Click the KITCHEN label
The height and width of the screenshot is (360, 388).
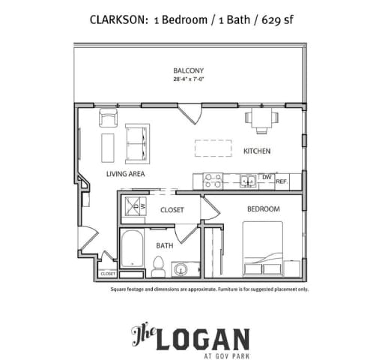(x=256, y=151)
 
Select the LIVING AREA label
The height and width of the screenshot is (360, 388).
(x=125, y=174)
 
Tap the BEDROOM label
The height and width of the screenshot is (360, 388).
(x=263, y=208)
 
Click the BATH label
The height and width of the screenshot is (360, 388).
(x=165, y=244)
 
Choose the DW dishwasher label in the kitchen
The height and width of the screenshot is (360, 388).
(x=266, y=178)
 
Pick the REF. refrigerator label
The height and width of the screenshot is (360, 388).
(x=282, y=181)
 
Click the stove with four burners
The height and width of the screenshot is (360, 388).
(x=212, y=180)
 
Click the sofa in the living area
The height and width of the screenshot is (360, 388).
(x=136, y=142)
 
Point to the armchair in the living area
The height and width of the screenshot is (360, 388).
(x=109, y=118)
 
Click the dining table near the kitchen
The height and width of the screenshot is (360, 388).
(x=261, y=118)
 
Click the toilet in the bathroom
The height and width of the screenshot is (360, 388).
(x=158, y=265)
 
